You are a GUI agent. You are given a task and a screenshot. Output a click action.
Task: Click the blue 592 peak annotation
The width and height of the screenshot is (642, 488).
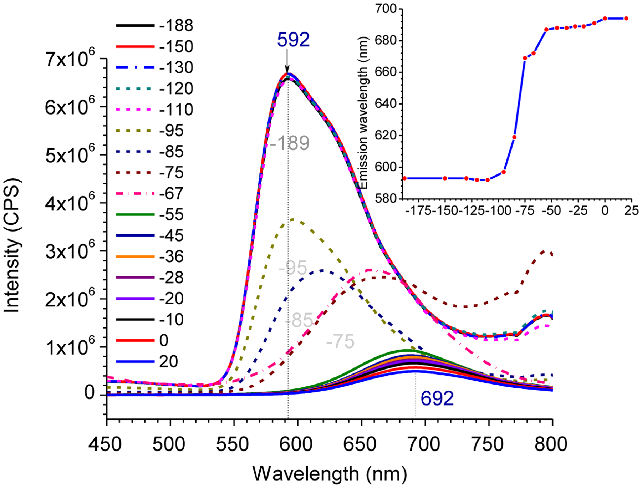293,40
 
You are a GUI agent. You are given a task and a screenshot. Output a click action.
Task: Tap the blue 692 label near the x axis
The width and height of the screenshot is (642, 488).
437,398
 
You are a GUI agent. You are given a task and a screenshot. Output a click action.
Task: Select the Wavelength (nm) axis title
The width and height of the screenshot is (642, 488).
330,474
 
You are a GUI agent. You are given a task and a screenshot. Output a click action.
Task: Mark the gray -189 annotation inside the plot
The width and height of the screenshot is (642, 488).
290,143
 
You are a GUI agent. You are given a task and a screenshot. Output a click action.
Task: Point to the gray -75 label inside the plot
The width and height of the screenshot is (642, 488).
340,341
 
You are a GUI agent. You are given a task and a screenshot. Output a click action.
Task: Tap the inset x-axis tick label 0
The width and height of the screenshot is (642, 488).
605,211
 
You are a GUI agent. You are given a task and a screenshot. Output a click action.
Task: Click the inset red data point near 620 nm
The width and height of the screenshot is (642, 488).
514,137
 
